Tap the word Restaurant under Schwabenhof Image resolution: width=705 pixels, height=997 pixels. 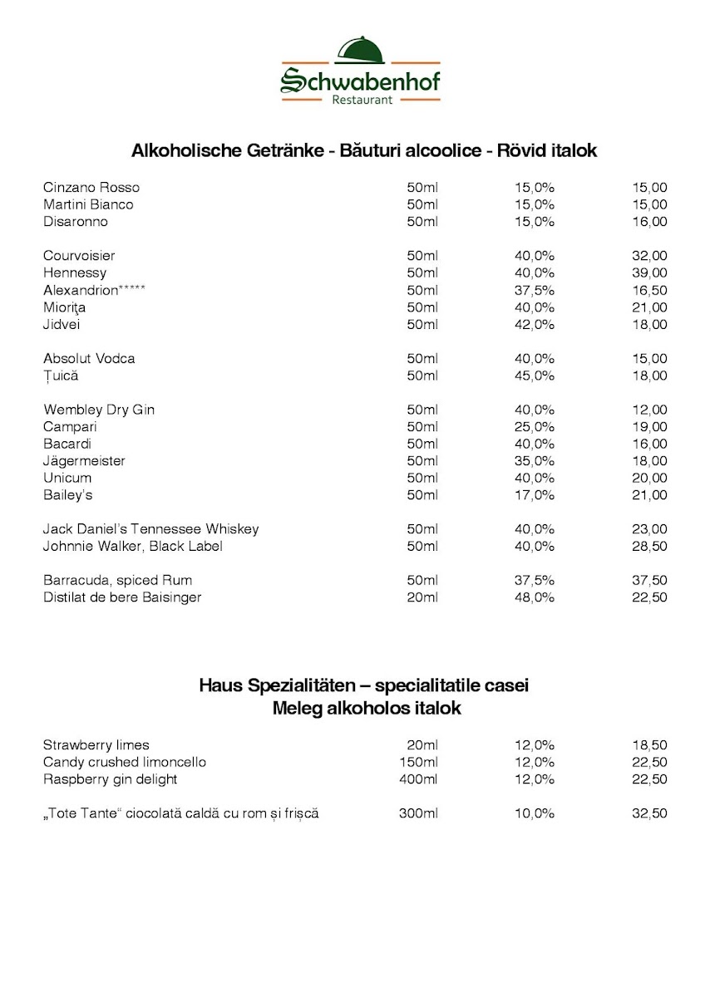coord(362,101)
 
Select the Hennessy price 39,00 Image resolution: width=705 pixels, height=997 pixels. coord(649,273)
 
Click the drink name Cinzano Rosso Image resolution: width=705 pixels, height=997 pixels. coord(91,187)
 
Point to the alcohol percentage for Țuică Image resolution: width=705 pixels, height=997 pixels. coord(534,376)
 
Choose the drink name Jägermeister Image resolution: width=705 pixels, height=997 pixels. coord(84,461)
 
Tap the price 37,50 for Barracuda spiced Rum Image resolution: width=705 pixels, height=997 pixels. coord(649,580)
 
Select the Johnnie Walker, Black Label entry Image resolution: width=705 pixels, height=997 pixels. coord(133,546)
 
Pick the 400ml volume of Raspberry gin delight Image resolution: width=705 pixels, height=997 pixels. coord(419,779)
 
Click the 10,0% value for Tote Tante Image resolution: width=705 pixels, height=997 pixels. coord(534,813)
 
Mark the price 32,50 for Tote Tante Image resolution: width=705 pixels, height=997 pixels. coord(649,813)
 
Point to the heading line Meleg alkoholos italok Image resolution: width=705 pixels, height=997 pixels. coord(366,709)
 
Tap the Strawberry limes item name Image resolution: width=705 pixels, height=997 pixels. coord(96,745)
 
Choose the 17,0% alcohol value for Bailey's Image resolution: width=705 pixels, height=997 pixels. coord(534,495)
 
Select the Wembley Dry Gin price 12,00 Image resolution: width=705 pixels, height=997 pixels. coord(649,410)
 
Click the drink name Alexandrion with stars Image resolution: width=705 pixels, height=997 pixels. coord(95,290)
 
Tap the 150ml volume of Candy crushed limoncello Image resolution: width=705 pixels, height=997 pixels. coord(419,762)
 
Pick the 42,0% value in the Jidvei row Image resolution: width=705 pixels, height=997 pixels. coord(534,324)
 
